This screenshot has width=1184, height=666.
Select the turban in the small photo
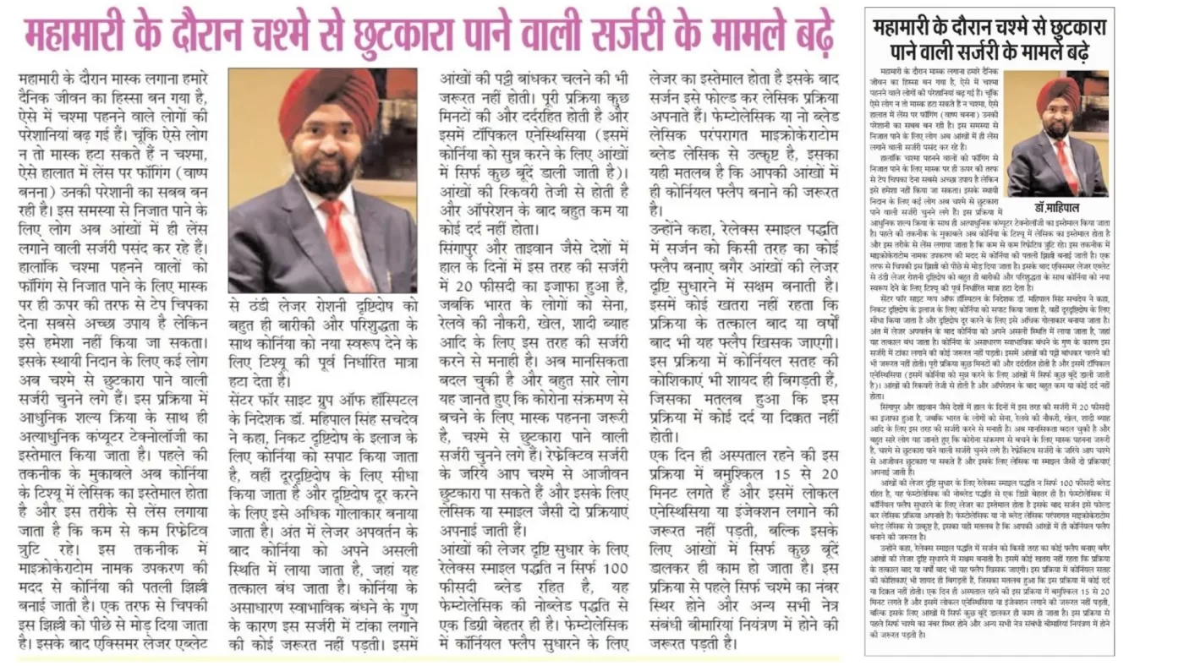1056,92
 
